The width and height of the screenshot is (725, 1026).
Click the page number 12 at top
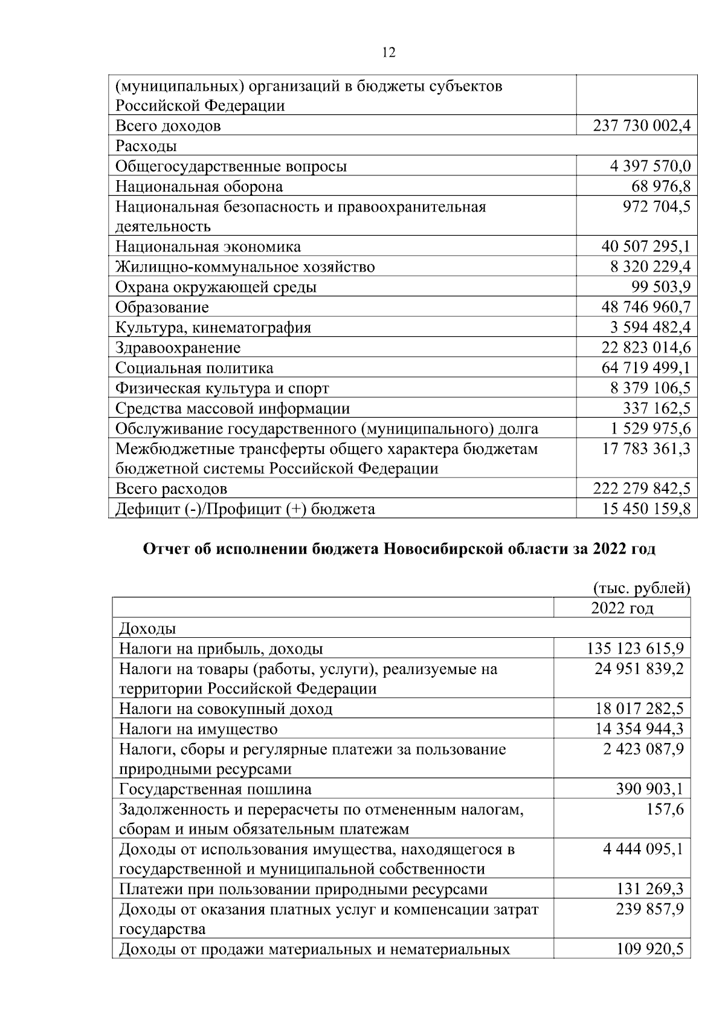point(389,53)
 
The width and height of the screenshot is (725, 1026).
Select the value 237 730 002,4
point(642,126)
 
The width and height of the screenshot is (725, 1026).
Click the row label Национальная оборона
point(199,186)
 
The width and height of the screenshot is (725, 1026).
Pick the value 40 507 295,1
point(645,247)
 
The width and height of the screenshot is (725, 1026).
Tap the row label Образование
point(162,307)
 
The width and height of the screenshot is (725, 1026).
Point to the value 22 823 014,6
point(645,348)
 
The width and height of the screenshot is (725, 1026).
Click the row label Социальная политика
point(194,368)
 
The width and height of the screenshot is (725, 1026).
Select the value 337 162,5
point(657,408)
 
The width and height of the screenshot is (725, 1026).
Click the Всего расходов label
point(171,489)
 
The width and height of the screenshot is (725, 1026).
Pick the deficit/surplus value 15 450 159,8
point(645,508)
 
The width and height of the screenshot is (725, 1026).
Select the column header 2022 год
point(622,608)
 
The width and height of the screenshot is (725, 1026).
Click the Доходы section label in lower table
point(147,629)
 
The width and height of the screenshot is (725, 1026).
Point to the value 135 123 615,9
point(635,649)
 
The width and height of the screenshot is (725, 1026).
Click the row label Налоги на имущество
point(198,729)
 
